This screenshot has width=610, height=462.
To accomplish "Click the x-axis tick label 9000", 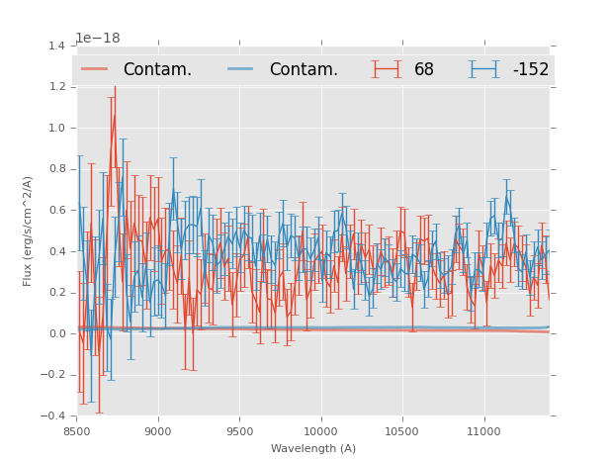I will tap(158, 431).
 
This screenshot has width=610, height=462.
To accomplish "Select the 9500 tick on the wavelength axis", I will tap(239, 431).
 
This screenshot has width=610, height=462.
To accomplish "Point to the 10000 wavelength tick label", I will tap(320, 431).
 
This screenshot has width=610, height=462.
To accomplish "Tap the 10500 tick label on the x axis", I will tap(401, 431).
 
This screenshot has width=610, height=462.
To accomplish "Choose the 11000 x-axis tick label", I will tap(483, 431).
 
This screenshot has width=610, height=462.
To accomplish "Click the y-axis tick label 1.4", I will tap(56, 46).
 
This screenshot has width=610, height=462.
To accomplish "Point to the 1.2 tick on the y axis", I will tap(56, 87).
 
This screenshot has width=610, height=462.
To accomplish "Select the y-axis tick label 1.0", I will tap(56, 128).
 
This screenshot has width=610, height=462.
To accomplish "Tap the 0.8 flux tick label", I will tap(56, 169).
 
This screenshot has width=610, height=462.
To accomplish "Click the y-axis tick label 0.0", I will tap(56, 333).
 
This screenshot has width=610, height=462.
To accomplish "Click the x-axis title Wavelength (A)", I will tap(313, 448).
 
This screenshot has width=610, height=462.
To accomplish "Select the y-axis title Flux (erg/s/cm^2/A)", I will tap(29, 231).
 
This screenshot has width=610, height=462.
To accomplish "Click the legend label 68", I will tap(424, 70).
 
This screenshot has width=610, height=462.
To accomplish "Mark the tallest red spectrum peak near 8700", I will tap(115, 116).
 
